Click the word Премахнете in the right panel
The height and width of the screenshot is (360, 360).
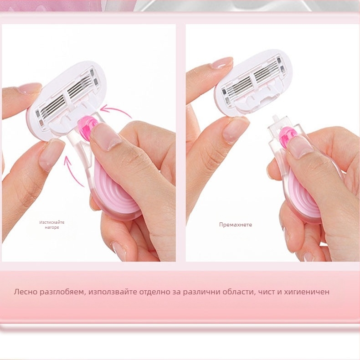[235, 225]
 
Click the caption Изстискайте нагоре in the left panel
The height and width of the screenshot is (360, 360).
[52, 225]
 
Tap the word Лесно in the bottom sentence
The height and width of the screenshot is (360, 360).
[25, 292]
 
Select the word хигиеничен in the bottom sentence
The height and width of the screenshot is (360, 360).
[307, 292]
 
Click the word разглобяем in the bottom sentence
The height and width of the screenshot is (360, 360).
[62, 292]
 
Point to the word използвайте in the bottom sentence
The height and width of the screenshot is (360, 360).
[113, 292]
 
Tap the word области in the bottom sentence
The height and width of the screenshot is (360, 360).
[238, 292]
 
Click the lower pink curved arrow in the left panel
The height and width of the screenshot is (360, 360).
[72, 170]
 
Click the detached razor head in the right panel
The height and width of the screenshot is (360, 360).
[253, 82]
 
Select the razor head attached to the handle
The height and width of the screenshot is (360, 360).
[67, 101]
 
